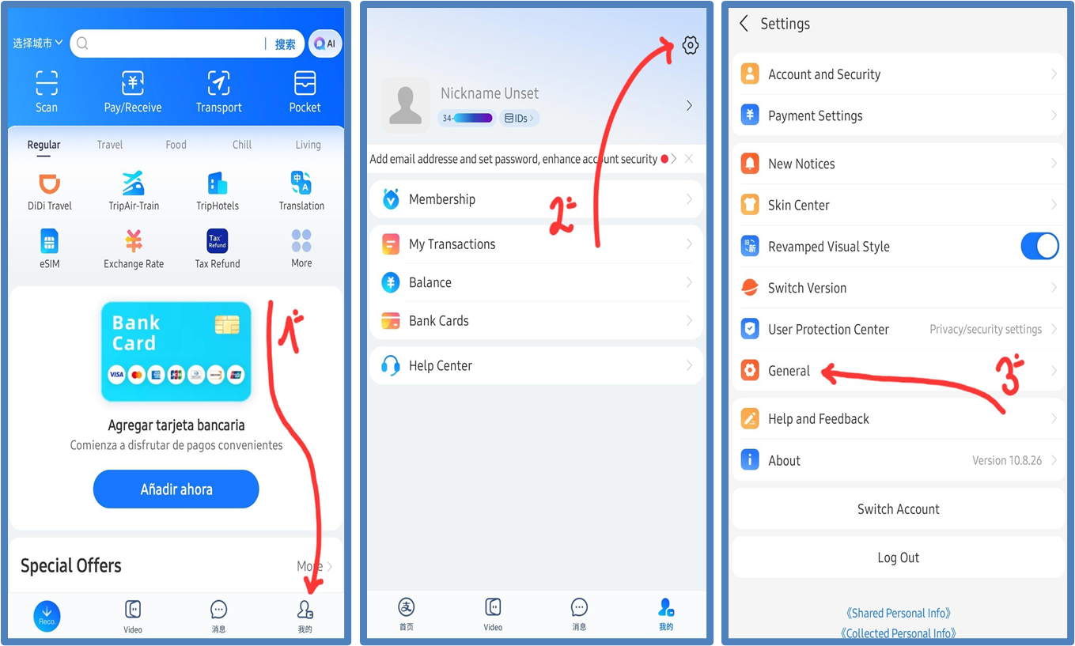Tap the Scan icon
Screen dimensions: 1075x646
pos(47,83)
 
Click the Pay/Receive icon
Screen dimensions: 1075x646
pos(132,83)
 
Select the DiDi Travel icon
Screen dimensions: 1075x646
pos(49,183)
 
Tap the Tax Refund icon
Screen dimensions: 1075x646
pos(217,240)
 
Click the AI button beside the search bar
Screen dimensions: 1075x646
pos(325,43)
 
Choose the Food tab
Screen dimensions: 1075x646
pos(176,145)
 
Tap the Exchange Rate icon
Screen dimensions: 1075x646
pos(134,240)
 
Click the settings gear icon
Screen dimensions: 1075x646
pos(690,45)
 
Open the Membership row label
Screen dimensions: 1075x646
pos(442,199)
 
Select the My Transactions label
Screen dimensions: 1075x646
pos(452,244)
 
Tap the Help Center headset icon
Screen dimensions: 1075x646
pos(391,365)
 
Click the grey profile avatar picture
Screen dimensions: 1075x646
pos(406,105)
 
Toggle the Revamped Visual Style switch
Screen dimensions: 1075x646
pos(1039,246)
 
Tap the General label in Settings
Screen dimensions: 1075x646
pos(789,371)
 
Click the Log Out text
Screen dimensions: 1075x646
pos(898,557)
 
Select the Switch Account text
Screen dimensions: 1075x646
pos(898,509)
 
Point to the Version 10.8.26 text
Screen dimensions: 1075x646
pos(1007,460)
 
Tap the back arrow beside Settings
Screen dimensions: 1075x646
pos(744,23)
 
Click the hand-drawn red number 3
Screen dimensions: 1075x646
pos(1009,375)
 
